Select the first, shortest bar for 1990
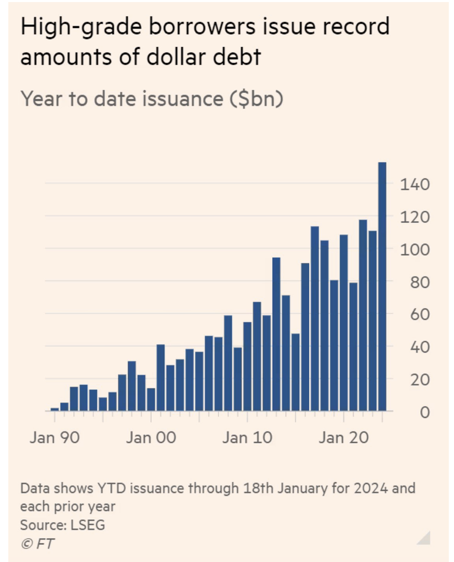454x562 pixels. pyautogui.click(x=55, y=409)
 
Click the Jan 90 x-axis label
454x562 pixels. pyautogui.click(x=55, y=437)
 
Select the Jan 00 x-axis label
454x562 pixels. pyautogui.click(x=151, y=437)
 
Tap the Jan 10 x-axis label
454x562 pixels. pyautogui.click(x=247, y=437)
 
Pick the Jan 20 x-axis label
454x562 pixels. pyautogui.click(x=343, y=437)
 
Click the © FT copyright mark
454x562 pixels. pyautogui.click(x=37, y=543)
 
